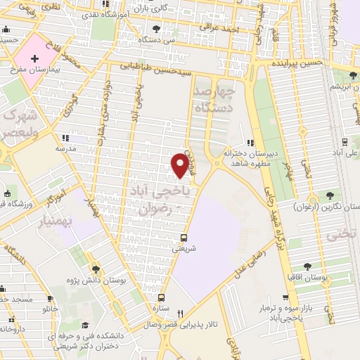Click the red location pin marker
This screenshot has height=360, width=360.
pyautogui.click(x=181, y=165)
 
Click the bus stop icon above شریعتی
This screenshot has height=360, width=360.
pyautogui.click(x=184, y=237)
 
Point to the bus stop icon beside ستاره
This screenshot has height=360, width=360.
pyautogui.click(x=162, y=297)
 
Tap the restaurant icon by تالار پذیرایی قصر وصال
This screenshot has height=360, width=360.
pyautogui.click(x=180, y=314)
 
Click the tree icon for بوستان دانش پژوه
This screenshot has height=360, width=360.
pyautogui.click(x=96, y=269)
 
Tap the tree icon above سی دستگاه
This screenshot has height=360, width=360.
pyautogui.click(x=155, y=28)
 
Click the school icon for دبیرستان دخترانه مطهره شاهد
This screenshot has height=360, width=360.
pyautogui.click(x=250, y=143)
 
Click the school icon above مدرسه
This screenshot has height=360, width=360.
pyautogui.click(x=65, y=138)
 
